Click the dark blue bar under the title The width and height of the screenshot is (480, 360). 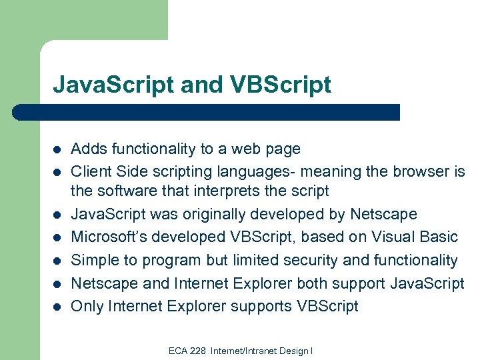207,112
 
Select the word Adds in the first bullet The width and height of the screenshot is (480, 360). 87,149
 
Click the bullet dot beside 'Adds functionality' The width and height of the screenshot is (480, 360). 57,149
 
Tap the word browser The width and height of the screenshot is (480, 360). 417,171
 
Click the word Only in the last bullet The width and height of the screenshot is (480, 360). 86,306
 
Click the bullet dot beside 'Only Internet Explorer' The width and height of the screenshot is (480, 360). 57,307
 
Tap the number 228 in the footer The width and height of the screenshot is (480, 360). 197,351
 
